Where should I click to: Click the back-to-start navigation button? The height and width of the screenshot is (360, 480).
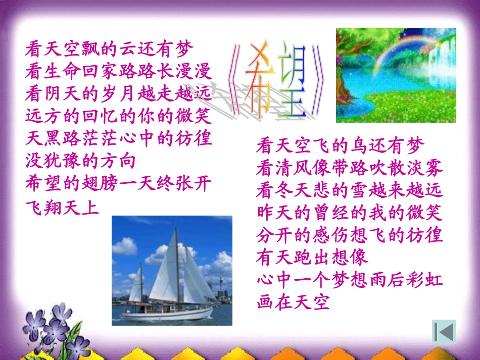pyautogui.click(x=444, y=332)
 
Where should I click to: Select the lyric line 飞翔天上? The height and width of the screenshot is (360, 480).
pyautogui.click(x=62, y=208)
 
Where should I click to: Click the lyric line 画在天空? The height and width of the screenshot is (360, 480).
pyautogui.click(x=293, y=302)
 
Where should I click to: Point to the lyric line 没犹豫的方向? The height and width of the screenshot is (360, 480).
pyautogui.click(x=80, y=161)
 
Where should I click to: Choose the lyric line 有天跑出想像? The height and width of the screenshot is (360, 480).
pyautogui.click(x=312, y=257)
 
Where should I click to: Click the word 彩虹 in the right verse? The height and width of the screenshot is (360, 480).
pyautogui.click(x=424, y=280)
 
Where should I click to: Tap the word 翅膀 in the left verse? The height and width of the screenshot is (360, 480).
pyautogui.click(x=100, y=183)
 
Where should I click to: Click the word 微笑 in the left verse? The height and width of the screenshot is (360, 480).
pyautogui.click(x=193, y=116)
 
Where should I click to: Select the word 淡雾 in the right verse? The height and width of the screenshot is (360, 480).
pyautogui.click(x=424, y=168)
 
